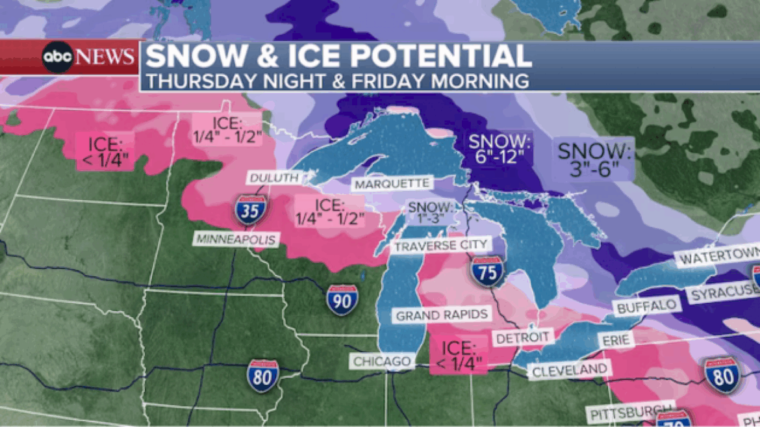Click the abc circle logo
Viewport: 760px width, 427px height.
coord(58,57)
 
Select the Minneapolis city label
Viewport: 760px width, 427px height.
coord(235,239)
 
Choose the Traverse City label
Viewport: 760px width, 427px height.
coord(440,244)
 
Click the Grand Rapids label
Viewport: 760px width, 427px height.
coord(442,315)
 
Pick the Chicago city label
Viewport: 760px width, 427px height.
coord(382,361)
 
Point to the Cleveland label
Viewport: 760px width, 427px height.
coord(570,370)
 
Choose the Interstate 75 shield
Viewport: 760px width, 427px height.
coord(487,271)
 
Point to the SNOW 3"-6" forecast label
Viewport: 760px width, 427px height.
coord(594,161)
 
